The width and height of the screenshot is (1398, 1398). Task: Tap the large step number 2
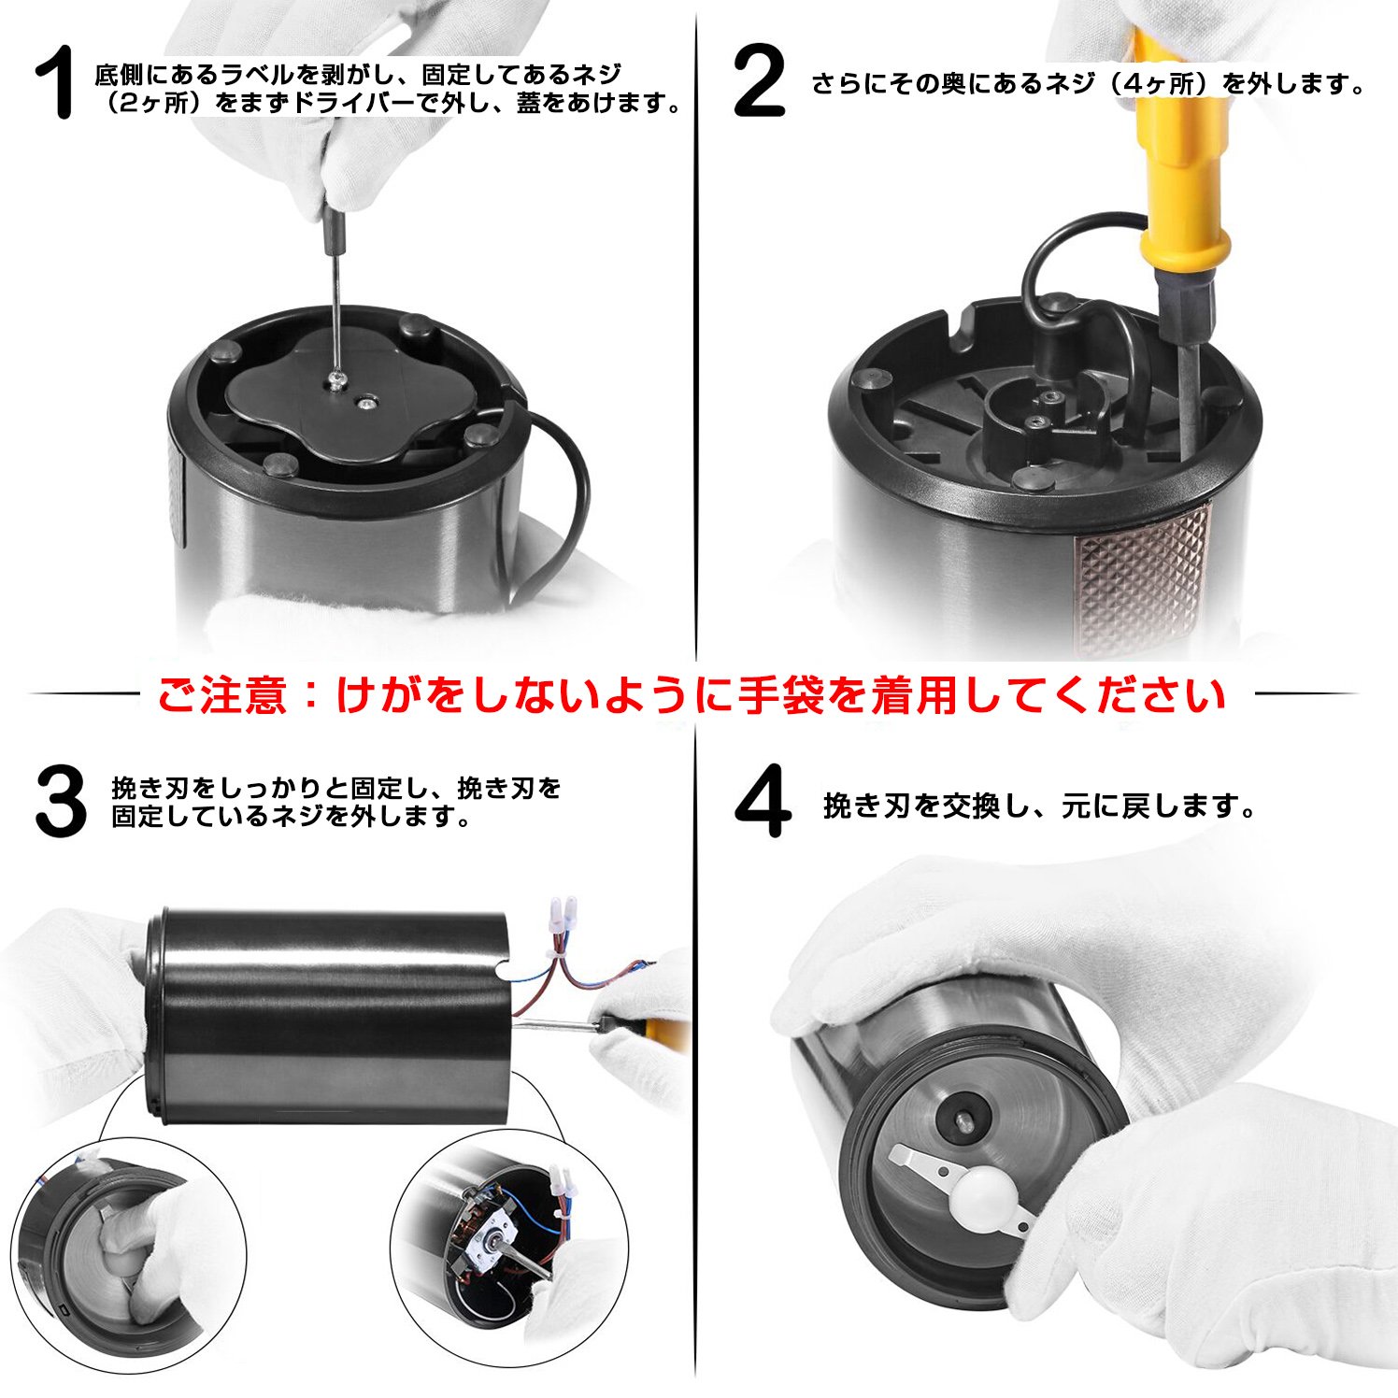point(759,84)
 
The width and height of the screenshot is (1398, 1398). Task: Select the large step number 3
point(61,802)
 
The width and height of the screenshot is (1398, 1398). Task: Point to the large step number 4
point(763,802)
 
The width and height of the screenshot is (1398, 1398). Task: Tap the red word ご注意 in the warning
point(221,696)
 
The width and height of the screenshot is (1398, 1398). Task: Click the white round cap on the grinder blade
point(979,1199)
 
